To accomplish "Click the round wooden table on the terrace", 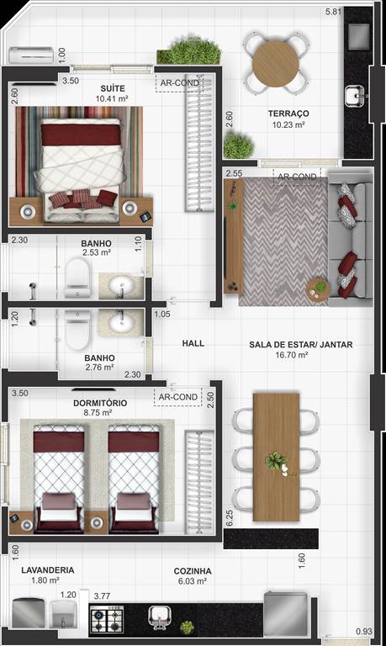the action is [276, 63].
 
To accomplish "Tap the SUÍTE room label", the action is [113, 88].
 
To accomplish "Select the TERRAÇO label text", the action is [288, 114].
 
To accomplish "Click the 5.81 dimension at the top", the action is [333, 12].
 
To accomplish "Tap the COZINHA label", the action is [193, 571].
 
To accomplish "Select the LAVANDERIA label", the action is [48, 570].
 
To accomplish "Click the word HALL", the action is [193, 343].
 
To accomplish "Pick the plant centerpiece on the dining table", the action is [277, 463].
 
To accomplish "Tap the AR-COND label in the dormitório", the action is [178, 397].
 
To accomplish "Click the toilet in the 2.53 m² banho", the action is [77, 277].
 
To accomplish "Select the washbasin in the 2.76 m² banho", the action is [121, 323].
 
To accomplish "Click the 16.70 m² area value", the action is [291, 355].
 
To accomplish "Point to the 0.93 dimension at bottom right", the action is [364, 631].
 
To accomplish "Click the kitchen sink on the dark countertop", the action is [160, 617].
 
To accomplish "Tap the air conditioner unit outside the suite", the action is [31, 56].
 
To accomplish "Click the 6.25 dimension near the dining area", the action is [230, 518].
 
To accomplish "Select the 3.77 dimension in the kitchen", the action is [102, 596].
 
